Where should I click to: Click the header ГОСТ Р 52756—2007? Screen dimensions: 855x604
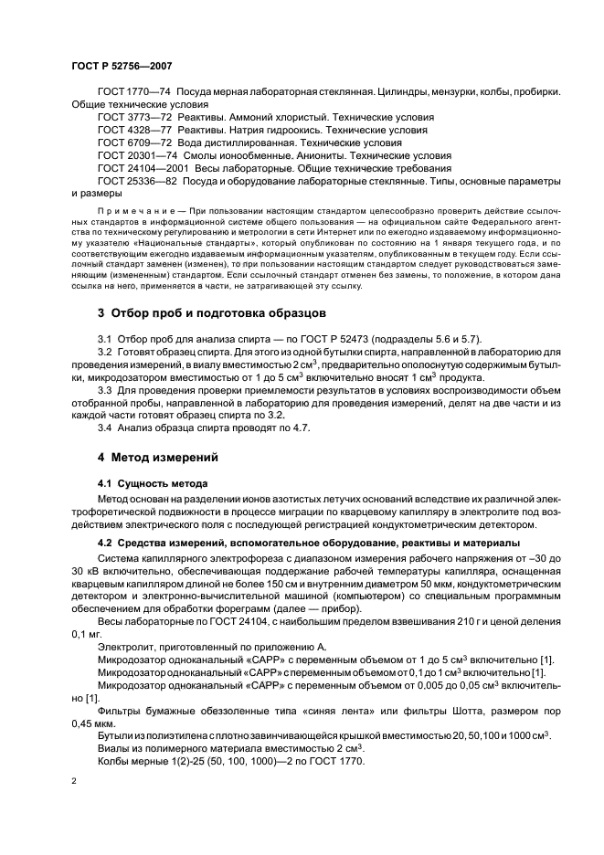pos(121,66)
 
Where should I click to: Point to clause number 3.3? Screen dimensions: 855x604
pos(105,391)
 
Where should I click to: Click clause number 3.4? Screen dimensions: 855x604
pos(105,429)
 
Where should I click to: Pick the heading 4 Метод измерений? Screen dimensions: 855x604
pos(158,456)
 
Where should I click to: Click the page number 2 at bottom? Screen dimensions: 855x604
pos(74,783)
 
